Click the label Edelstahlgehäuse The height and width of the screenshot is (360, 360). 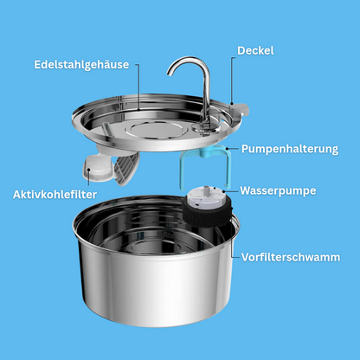pyautogui.click(x=81, y=65)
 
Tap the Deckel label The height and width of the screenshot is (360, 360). pyautogui.click(x=255, y=51)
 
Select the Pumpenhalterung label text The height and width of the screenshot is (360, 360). pyautogui.click(x=290, y=149)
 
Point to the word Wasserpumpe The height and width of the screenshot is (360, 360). pyautogui.click(x=278, y=190)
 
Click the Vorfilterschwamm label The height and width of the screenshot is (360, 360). pyautogui.click(x=291, y=257)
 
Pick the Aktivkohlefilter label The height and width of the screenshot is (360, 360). pyautogui.click(x=55, y=195)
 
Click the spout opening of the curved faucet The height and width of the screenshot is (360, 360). pyautogui.click(x=170, y=74)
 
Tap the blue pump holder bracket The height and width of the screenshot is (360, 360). pyautogui.click(x=205, y=165)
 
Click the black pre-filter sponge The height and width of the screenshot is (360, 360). pyautogui.click(x=207, y=214)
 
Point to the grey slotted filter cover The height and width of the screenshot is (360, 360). pyautogui.click(x=126, y=169)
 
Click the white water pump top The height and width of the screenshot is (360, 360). pyautogui.click(x=205, y=198)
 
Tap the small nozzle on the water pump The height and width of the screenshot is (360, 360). pyautogui.click(x=205, y=190)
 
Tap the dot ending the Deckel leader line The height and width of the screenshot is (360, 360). pyautogui.click(x=232, y=102)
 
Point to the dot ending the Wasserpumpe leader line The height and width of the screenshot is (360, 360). pyautogui.click(x=224, y=191)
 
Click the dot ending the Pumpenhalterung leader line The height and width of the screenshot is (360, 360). pyautogui.click(x=228, y=149)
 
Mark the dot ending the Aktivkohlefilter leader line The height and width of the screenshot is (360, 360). pyautogui.click(x=88, y=170)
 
